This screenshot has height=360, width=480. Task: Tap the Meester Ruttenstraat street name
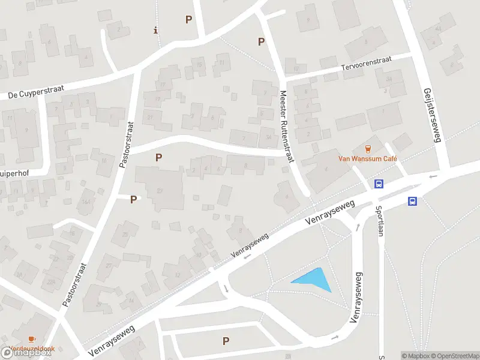click(x=287, y=127)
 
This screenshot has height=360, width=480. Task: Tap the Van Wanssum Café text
click(x=369, y=159)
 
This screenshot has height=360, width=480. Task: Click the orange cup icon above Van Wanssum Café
click(x=369, y=148)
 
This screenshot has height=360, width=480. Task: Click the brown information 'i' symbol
click(x=155, y=29)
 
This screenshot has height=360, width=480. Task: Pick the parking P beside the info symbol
click(x=188, y=20)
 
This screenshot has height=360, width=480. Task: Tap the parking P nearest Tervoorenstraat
click(x=261, y=41)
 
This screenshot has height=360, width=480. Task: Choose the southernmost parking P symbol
click(x=226, y=341)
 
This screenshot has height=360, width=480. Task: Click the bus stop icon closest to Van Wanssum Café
click(x=379, y=184)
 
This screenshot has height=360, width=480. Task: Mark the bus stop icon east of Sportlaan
click(x=413, y=201)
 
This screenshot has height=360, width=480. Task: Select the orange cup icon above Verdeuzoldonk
click(x=31, y=339)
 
